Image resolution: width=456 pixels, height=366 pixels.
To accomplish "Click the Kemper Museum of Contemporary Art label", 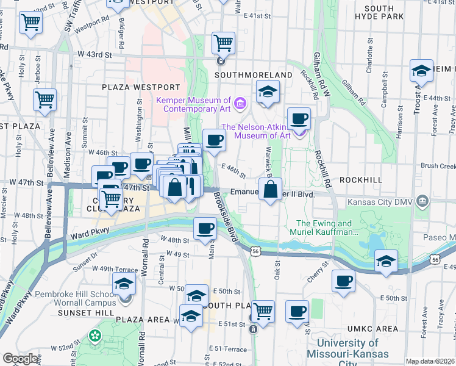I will coord(193,104).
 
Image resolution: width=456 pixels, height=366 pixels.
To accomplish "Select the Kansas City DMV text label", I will coord(379,202).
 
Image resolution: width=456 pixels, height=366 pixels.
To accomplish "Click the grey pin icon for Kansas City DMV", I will coord(422,202).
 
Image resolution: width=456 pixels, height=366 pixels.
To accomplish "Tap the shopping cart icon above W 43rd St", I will coord(224,43).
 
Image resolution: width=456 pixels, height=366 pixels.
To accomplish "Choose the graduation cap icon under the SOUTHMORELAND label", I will coord(267,92).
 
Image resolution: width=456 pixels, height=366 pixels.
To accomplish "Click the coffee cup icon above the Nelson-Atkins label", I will coord(299,119).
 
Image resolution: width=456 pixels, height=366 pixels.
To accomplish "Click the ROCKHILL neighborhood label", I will coord(360,180).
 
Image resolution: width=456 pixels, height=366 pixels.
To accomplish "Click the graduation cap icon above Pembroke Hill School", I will coord(124,284).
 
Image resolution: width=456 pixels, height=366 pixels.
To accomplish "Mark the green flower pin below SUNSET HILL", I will coord(94,335).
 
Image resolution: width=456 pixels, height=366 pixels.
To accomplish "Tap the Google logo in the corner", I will coord(20,359).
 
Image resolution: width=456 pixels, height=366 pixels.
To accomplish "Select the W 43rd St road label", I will coord(94,55).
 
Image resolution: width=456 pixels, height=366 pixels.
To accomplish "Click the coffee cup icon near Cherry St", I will coord(344,281).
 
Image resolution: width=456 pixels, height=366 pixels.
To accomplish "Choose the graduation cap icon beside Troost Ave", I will coord(421,71).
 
